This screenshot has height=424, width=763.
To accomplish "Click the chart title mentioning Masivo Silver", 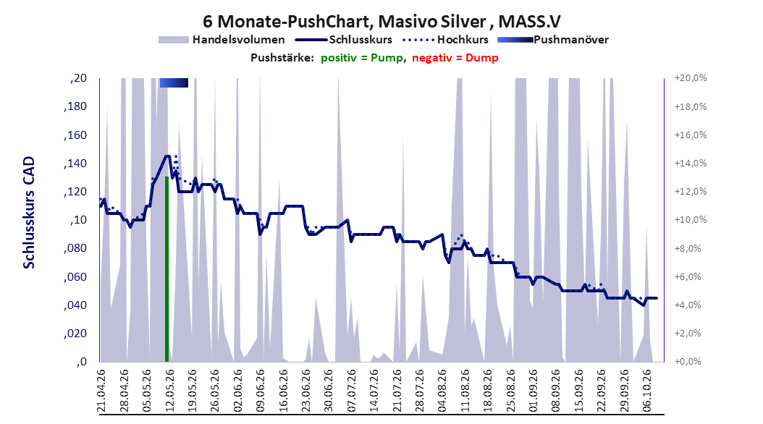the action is coord(381,22).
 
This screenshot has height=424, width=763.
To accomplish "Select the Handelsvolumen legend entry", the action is coord(222,40).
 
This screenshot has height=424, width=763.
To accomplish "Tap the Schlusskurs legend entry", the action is coord(344,40).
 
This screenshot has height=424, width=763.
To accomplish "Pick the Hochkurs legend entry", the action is coord(445,40).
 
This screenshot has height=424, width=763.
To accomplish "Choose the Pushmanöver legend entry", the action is coord(553,40).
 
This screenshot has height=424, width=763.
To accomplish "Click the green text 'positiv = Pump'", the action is coord(362,58).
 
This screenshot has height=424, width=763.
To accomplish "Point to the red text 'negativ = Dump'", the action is coord(455,58).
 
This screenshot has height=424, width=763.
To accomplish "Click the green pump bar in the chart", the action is coord(167,269).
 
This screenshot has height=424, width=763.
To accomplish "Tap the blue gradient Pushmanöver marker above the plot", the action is coord(174,82).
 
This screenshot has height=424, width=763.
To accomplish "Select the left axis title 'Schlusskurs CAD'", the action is coord(29,213).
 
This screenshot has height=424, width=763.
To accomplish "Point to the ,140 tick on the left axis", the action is coord(75,164).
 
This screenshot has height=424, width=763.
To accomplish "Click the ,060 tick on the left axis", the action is coord(75,277).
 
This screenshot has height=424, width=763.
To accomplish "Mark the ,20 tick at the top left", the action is coord(78,78).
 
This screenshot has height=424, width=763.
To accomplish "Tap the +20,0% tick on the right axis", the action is coord(691,78).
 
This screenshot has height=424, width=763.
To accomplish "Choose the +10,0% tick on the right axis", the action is coord(691,220).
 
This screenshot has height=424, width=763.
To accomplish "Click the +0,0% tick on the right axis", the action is coord(688,362).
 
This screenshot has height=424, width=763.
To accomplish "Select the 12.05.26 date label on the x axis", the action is coord(169,391).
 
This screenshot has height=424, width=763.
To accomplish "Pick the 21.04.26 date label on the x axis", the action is coord(101,391).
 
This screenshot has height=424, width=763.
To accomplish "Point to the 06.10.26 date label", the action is coord(646,391).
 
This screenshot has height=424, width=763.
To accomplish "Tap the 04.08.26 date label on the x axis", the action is coord(442,391).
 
